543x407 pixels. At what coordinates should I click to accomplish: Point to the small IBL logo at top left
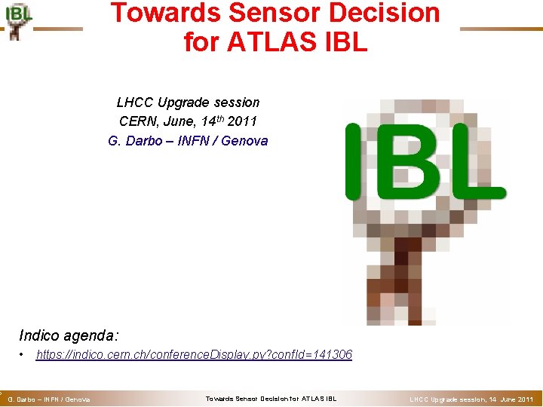18,20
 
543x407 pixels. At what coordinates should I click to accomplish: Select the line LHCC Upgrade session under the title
188,103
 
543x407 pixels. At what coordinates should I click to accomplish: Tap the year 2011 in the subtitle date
243,121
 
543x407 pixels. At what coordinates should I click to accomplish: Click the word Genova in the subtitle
244,141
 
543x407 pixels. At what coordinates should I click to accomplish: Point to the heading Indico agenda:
69,335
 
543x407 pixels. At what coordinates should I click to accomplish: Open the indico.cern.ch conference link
194,354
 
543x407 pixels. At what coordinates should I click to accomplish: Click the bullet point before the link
24,354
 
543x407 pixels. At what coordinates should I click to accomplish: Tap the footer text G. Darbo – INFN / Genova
48,399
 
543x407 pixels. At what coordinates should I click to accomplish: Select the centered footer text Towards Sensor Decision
271,399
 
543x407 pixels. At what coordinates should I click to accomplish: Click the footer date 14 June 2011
512,399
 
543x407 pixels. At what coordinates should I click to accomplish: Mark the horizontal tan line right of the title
500,29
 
